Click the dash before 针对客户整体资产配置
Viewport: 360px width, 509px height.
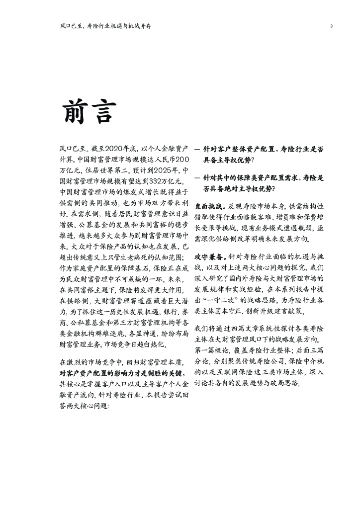(197, 149)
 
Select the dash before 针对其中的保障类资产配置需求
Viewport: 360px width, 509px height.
(197, 178)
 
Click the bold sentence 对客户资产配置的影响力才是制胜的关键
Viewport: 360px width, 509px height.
(124, 373)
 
